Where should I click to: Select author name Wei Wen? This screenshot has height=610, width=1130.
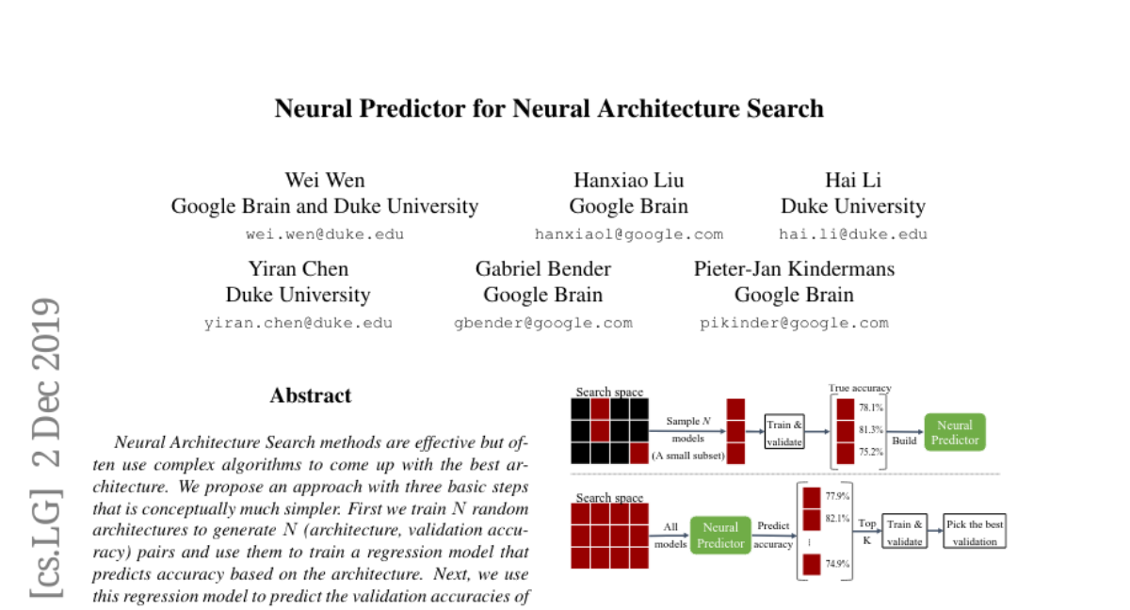pyautogui.click(x=324, y=180)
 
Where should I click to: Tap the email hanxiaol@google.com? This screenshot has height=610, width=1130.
pyautogui.click(x=628, y=234)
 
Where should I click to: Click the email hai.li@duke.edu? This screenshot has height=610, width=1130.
pyautogui.click(x=852, y=234)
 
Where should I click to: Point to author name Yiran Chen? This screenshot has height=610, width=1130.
pyautogui.click(x=298, y=268)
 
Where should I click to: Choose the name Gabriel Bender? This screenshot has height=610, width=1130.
pyautogui.click(x=542, y=268)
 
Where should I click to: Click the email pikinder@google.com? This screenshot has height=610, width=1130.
pyautogui.click(x=794, y=323)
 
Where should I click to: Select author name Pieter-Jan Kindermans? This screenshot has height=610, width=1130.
pyautogui.click(x=794, y=268)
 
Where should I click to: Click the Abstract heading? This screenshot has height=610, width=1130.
pyautogui.click(x=311, y=395)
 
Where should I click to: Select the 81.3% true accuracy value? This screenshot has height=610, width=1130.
pyautogui.click(x=870, y=429)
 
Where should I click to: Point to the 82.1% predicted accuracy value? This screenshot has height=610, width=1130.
pyautogui.click(x=837, y=519)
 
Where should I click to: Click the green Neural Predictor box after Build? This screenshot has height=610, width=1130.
pyautogui.click(x=955, y=432)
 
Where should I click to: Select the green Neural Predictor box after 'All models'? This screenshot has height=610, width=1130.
pyautogui.click(x=720, y=535)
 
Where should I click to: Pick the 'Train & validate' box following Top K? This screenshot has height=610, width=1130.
pyautogui.click(x=905, y=532)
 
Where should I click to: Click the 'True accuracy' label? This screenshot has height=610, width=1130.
pyautogui.click(x=859, y=388)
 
